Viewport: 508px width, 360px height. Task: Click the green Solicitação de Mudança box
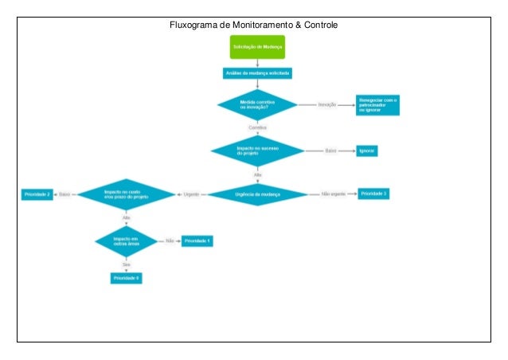click(x=257, y=47)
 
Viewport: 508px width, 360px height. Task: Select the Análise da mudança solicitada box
click(x=257, y=73)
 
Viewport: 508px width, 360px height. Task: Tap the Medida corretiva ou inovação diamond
click(x=257, y=104)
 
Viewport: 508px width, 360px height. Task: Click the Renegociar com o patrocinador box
click(x=377, y=104)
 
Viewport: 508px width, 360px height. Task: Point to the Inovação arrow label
click(x=327, y=104)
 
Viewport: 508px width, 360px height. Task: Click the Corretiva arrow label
click(x=257, y=127)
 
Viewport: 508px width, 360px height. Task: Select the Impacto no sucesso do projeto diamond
click(x=257, y=151)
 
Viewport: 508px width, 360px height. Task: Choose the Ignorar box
click(x=367, y=151)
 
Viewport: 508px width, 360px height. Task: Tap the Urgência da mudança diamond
click(x=257, y=194)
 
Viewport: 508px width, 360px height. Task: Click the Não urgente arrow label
click(x=333, y=194)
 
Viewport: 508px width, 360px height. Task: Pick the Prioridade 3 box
click(x=373, y=194)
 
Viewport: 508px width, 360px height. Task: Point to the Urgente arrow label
click(x=191, y=194)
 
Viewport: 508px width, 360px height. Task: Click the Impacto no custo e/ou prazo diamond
click(x=126, y=194)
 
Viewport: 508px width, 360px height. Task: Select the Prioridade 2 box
click(x=37, y=194)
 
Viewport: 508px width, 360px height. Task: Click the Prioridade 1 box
click(x=197, y=240)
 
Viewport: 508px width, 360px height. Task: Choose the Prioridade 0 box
click(x=126, y=277)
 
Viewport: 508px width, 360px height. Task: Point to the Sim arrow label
click(x=126, y=262)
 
